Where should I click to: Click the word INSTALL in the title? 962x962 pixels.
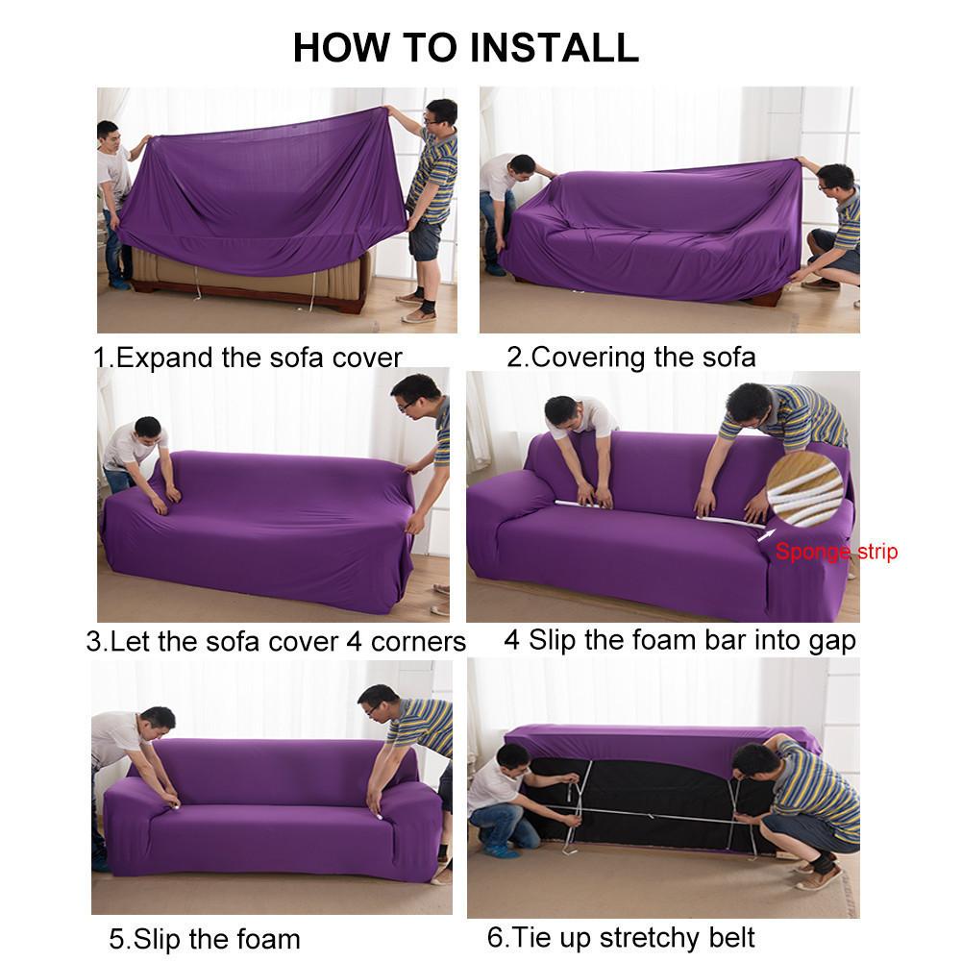(539, 47)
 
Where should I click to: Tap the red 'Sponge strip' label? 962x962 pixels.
(836, 553)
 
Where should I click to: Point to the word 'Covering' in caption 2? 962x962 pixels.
(588, 358)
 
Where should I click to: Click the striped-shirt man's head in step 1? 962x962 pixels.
(440, 113)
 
